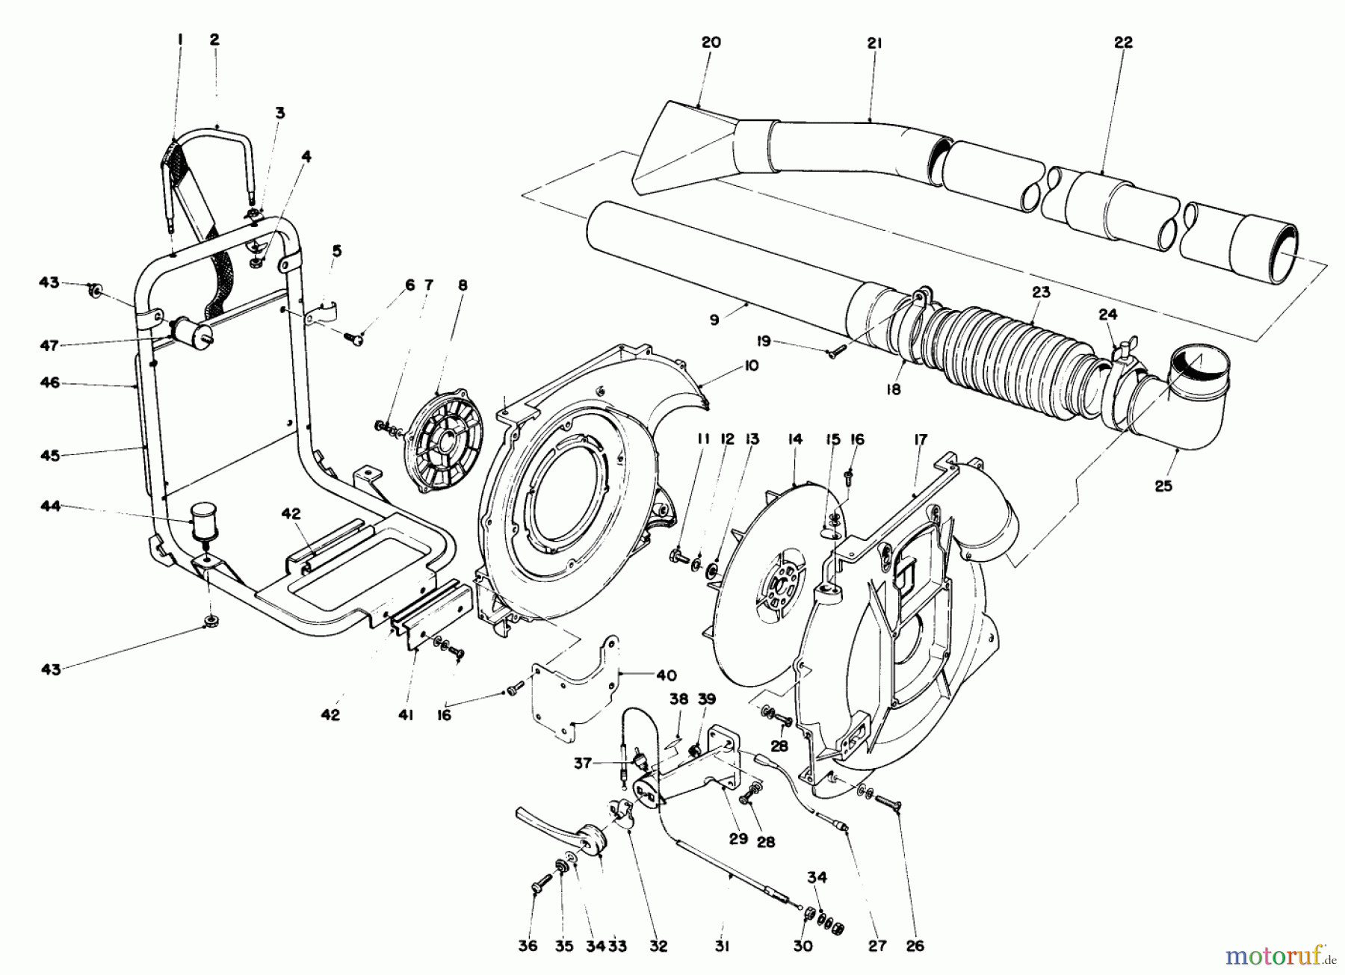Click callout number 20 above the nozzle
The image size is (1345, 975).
pyautogui.click(x=711, y=43)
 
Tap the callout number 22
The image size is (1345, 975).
pyautogui.click(x=1123, y=43)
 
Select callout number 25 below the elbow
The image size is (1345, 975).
pyautogui.click(x=1163, y=486)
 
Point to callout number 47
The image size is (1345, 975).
pyautogui.click(x=50, y=345)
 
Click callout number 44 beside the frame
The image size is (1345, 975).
pyautogui.click(x=50, y=507)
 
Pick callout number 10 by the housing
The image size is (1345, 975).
pyautogui.click(x=750, y=365)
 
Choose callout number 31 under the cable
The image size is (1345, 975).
pyautogui.click(x=721, y=946)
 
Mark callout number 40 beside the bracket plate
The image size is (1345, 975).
pyautogui.click(x=666, y=676)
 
